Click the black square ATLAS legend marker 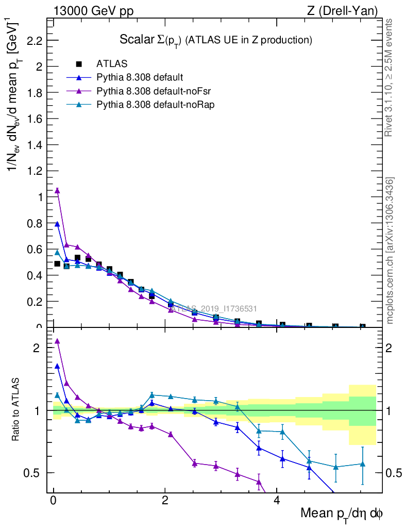(x=79, y=64)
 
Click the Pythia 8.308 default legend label (x=139, y=77)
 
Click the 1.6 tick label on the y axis (x=34, y=119)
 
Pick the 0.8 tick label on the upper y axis (x=34, y=223)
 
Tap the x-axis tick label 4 (x=276, y=501)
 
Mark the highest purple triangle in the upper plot (x=57, y=190)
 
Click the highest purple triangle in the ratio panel (x=57, y=341)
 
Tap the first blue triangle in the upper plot (x=57, y=224)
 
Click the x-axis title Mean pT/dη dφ (x=341, y=514)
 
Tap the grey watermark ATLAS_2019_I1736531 (x=214, y=309)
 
